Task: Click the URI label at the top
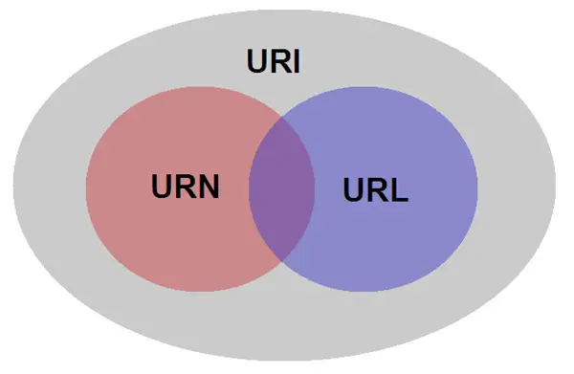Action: click(275, 63)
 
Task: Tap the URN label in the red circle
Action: click(186, 186)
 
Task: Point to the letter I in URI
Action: click(298, 63)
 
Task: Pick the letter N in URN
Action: click(209, 186)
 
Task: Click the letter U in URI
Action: click(255, 63)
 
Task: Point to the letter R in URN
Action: click(186, 186)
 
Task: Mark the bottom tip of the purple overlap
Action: click(282, 261)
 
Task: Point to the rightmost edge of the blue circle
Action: click(477, 190)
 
